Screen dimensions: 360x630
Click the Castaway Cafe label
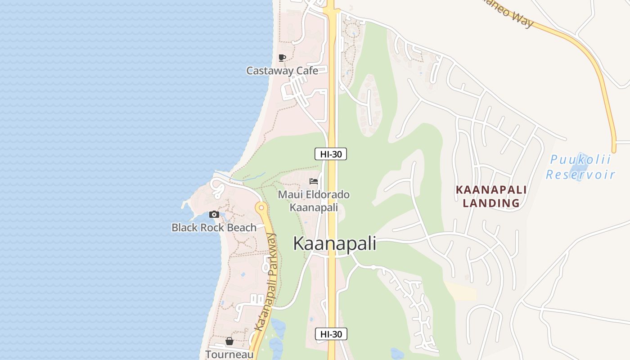pyautogui.click(x=282, y=71)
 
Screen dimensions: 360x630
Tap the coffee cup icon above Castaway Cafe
pyautogui.click(x=282, y=58)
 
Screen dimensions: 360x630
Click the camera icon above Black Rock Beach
pyautogui.click(x=214, y=214)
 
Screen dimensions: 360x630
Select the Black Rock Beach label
pyautogui.click(x=214, y=228)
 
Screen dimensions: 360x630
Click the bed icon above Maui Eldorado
pyautogui.click(x=314, y=181)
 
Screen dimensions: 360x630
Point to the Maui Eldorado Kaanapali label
pyautogui.click(x=314, y=201)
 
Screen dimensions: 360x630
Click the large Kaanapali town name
pyautogui.click(x=334, y=243)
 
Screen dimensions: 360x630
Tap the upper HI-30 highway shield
pyautogui.click(x=331, y=154)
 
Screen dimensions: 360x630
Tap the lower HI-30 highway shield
pyautogui.click(x=331, y=334)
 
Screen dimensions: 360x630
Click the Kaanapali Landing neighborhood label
pyautogui.click(x=491, y=196)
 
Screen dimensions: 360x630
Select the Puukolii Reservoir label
pyautogui.click(x=580, y=167)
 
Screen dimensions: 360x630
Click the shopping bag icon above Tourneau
pyautogui.click(x=229, y=341)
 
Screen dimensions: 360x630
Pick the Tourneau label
pyautogui.click(x=229, y=354)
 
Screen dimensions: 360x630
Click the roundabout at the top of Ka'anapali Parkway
pyautogui.click(x=261, y=208)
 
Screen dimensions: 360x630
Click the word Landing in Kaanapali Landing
pyautogui.click(x=491, y=203)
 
